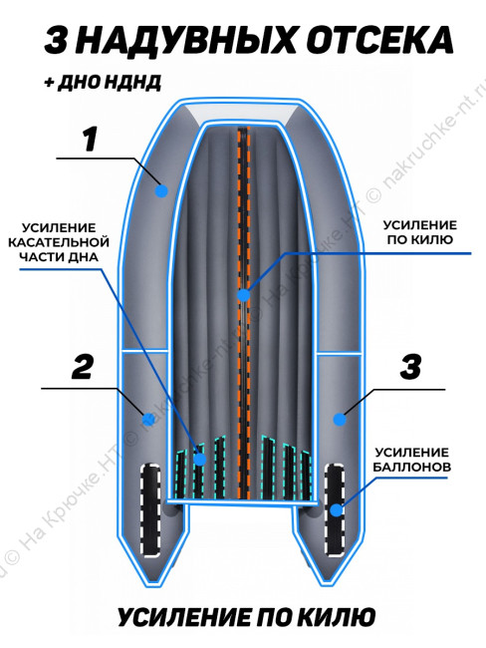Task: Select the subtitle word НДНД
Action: [132, 83]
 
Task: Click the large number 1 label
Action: [90, 140]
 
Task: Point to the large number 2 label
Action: [83, 367]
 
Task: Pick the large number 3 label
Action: [410, 367]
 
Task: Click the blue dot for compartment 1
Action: [161, 191]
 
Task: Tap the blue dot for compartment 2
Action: [147, 420]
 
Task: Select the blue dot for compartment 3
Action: [340, 420]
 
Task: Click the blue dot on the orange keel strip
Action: [244, 295]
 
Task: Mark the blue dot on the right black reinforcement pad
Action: [336, 510]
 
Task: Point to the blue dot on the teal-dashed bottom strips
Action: [200, 460]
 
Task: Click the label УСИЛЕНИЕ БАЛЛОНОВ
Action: [411, 460]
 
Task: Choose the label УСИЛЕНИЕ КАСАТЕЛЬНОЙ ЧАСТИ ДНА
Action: [59, 242]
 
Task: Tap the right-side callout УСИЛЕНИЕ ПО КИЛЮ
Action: [420, 232]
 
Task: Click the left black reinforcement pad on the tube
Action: [150, 509]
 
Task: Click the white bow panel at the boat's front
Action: [244, 113]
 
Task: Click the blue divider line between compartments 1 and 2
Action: [144, 352]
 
